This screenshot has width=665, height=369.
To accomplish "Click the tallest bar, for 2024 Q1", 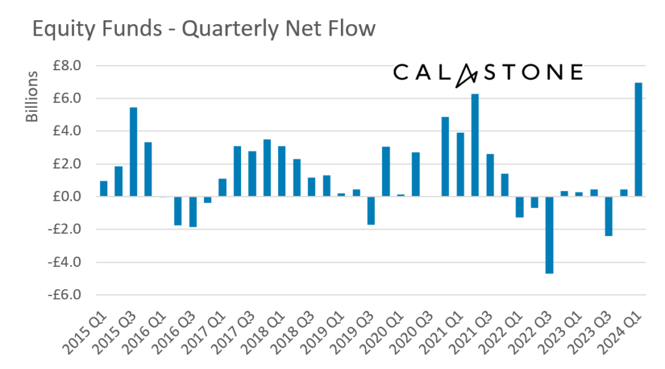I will [x=638, y=139].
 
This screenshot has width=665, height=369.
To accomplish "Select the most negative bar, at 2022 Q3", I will [x=549, y=235].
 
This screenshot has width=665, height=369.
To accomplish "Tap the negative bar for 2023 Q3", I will [x=609, y=216].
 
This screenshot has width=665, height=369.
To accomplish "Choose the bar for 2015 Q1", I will [x=104, y=188].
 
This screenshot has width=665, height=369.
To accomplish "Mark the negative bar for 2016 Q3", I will [x=193, y=211].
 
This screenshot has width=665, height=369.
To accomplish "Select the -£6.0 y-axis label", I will [x=64, y=295].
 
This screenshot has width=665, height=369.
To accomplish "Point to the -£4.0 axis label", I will [x=64, y=262].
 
